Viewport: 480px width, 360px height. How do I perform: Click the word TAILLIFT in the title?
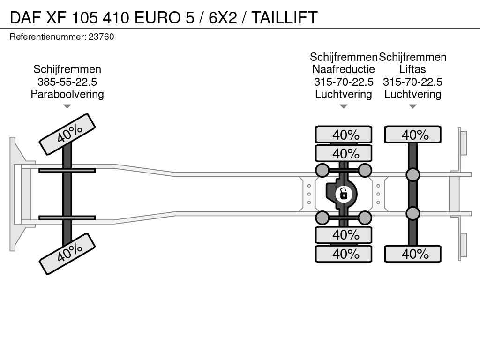pos(285,17)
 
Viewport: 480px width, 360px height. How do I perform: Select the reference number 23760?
pos(101,37)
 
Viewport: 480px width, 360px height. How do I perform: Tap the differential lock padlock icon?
pos(343,193)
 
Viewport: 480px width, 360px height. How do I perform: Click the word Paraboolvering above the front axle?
pos(67,94)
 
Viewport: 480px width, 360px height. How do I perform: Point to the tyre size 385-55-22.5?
pos(67,82)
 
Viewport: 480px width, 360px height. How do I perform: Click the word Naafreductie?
pos(344,69)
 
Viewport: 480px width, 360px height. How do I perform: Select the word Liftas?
pos(412,69)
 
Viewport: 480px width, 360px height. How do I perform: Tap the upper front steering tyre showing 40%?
pos(67,134)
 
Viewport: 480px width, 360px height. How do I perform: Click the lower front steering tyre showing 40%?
pos(67,254)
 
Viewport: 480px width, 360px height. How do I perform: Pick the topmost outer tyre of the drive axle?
pos(344,135)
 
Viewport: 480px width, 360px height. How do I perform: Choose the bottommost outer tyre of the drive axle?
pos(344,254)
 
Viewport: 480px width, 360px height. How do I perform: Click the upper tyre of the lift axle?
pos(412,135)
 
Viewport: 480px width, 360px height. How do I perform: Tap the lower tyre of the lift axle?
pos(412,254)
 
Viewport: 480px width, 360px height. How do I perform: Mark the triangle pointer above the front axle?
pos(67,106)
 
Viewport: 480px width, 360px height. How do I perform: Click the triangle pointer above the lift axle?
pos(412,106)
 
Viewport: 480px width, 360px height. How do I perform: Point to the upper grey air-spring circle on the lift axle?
pos(412,175)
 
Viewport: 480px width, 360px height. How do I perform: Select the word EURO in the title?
pos(157,17)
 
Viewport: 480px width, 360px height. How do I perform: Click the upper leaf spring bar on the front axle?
pos(67,170)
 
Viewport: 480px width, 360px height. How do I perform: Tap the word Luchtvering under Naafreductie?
pos(344,94)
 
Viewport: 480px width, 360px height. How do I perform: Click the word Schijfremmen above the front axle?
pos(67,69)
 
